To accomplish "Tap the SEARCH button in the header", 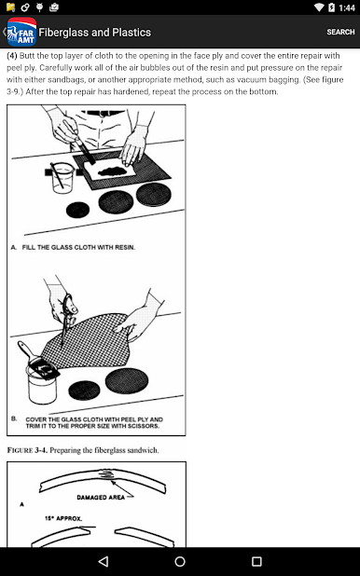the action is pos(340,32).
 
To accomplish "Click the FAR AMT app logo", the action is pos(21,32).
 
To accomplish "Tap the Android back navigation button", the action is pos(104,561).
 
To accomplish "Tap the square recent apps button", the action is pos(256,561).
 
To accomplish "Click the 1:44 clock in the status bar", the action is pos(347,7).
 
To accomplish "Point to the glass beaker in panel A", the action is pos(62,178).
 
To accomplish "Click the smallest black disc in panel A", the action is pos(77,210).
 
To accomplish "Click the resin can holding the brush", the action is pos(42,384).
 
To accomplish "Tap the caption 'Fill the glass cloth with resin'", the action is pos(78,247).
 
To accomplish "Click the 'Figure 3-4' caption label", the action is pos(28,450).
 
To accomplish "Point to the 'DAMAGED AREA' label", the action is pos(101,498).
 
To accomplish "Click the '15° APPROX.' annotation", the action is pos(63,518).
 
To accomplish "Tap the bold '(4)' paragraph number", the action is pos(12,56).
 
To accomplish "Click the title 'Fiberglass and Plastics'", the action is pos(95,33).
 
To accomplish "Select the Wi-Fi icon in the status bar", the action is pos(319,7).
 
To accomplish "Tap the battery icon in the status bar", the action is pos(332,7).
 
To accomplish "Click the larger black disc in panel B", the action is pos(127,381).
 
